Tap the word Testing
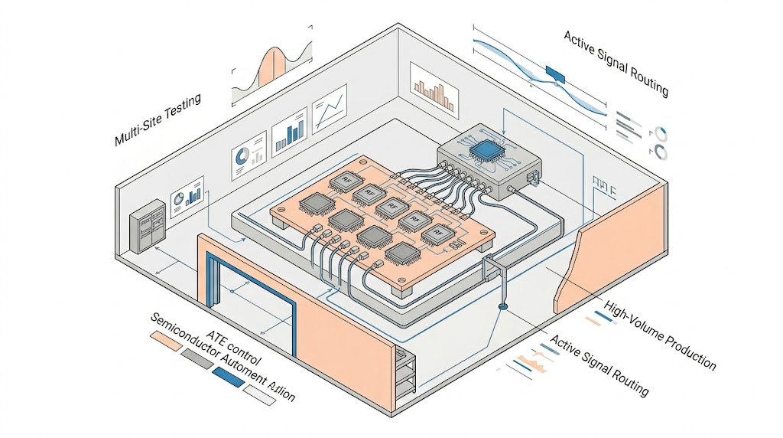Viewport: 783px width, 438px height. coord(182,105)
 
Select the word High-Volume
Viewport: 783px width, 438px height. coord(635,319)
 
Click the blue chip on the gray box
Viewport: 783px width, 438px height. coord(484,150)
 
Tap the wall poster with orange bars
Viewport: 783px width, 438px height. coord(434,87)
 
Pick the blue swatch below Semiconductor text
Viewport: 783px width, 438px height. coord(226,376)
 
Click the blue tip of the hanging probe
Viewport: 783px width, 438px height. coord(502,308)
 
